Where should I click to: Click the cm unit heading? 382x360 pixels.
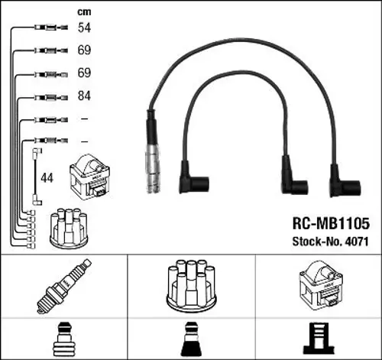click(85, 12)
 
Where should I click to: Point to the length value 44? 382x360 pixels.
click(47, 177)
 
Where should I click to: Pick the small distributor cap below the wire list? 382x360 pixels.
click(70, 227)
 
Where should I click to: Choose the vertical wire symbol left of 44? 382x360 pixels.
click(35, 177)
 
